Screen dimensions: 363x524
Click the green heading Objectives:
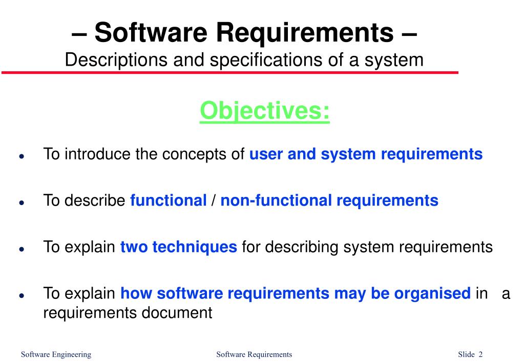[265, 111]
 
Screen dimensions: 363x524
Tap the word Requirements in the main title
[302, 32]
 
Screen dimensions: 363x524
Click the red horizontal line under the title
[230, 73]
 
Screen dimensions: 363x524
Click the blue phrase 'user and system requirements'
[366, 154]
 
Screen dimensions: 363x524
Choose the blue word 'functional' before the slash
[169, 200]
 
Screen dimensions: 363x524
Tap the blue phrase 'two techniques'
[178, 247]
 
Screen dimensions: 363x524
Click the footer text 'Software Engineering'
[56, 354]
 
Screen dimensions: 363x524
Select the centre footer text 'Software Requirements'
[254, 354]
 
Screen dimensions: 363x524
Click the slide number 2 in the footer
[480, 354]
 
